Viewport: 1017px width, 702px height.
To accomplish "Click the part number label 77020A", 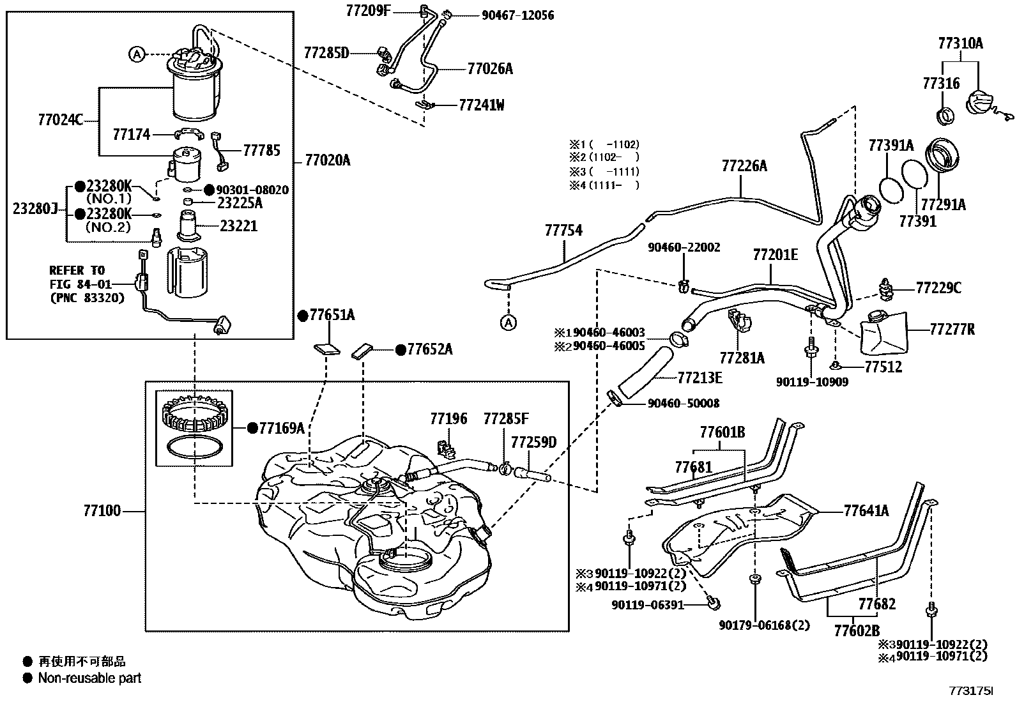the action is pos(327,160).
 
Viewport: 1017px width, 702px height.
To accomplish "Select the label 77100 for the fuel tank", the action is pos(102,511).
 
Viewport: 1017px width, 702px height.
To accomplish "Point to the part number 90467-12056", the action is pos(517,15).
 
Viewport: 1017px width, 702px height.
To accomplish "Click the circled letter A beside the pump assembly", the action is pos(137,55).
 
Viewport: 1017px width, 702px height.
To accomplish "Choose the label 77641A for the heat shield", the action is pos(866,511).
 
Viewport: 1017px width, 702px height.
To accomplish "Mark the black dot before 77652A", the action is pos(401,349).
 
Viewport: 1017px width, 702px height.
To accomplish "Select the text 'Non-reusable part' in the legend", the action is pos(90,678).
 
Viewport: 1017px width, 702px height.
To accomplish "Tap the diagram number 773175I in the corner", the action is pos(971,691).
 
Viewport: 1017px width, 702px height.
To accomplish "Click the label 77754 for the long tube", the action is pos(563,231).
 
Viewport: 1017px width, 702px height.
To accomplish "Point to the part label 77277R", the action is pos(952,329).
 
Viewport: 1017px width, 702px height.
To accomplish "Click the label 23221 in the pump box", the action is pos(238,226).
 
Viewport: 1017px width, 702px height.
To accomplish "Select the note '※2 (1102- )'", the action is pos(604,158).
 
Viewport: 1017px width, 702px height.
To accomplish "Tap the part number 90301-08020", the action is pos(252,190).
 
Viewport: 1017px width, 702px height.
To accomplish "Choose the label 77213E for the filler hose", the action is pos(700,378).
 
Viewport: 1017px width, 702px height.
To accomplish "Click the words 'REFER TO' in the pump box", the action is pos(77,271).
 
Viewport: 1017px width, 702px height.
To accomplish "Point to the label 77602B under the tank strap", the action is pos(857,630).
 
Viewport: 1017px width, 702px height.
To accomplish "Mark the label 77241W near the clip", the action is pos(481,105).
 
